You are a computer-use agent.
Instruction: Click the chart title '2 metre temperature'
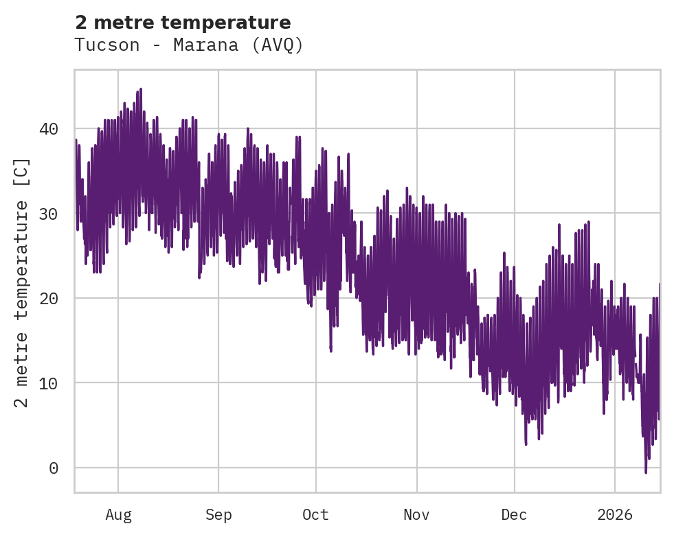coord(183,23)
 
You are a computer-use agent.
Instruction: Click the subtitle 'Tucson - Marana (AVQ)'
coord(189,45)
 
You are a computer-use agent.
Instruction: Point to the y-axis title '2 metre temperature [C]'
coord(22,282)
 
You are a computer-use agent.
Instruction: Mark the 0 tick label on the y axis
coord(53,468)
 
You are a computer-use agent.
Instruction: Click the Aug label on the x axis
coord(118,515)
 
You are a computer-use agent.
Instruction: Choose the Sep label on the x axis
coord(218,515)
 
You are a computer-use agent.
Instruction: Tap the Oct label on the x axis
coord(316,515)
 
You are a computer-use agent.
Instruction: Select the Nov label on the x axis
coord(416,515)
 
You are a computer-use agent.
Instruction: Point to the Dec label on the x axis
coord(514,515)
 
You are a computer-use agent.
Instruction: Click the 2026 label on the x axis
coord(615,515)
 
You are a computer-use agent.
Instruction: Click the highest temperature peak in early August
coord(141,89)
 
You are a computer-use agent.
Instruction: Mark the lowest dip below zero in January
coord(646,472)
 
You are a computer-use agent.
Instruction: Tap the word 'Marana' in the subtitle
coord(206,45)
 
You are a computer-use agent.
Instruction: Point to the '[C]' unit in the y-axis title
coord(22,172)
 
